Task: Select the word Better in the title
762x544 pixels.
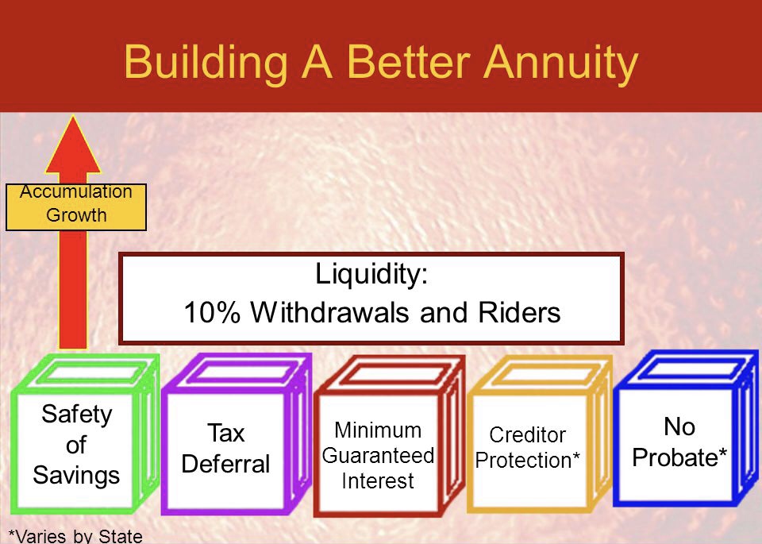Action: [x=409, y=61]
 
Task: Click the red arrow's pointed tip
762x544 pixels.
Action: [x=73, y=116]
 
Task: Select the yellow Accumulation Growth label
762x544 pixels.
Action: [x=76, y=206]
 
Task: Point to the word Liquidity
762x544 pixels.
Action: [x=371, y=275]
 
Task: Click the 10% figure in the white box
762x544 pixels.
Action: [x=212, y=312]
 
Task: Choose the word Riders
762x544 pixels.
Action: [x=519, y=312]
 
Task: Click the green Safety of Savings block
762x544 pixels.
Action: [x=85, y=434]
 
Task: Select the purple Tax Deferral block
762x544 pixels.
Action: [x=237, y=434]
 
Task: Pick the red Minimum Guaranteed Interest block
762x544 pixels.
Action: [x=389, y=435]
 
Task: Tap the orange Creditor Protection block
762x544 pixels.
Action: [x=540, y=434]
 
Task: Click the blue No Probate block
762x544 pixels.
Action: [x=685, y=429]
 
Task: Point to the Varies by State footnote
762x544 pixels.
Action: [x=76, y=536]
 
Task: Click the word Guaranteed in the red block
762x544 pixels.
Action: [x=378, y=457]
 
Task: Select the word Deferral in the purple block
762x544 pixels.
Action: [x=225, y=464]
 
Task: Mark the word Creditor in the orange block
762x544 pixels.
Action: [x=527, y=434]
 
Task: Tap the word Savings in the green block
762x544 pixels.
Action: [x=76, y=476]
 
